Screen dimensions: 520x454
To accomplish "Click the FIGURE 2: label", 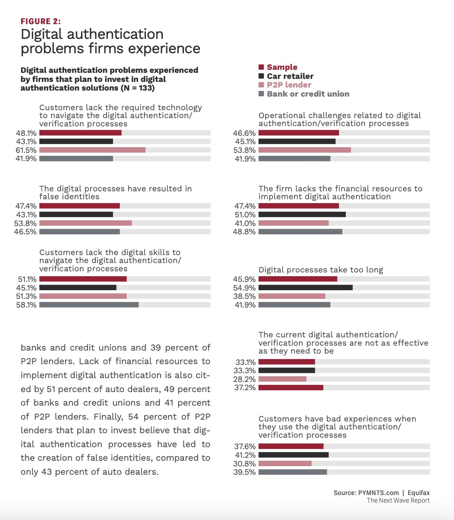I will (x=41, y=22).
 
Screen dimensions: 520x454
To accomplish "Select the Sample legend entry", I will (x=282, y=67).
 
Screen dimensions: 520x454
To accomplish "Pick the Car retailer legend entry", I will (x=290, y=76).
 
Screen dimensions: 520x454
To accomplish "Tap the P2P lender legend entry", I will (x=289, y=85).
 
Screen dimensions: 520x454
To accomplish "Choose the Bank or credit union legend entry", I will (x=308, y=94).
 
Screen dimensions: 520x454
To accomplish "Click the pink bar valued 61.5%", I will (x=92, y=150).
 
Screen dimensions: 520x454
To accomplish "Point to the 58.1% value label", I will (x=26, y=305).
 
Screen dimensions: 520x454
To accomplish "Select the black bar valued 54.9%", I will (x=305, y=288).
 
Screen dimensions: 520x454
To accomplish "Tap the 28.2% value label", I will (x=244, y=379).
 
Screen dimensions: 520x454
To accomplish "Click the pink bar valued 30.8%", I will (x=285, y=463).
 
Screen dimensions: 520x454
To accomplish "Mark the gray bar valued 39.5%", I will (x=293, y=472).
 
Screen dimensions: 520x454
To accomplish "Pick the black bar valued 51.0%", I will (x=302, y=215).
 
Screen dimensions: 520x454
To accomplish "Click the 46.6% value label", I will (x=244, y=133).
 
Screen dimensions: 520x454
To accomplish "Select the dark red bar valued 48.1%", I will (x=80, y=133).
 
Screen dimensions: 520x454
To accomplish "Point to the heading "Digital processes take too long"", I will (x=321, y=270).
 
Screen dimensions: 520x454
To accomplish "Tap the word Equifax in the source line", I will (x=419, y=493).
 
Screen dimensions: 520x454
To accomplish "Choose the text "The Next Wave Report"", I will (x=398, y=500).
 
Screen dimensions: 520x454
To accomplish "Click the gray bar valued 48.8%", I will (x=300, y=232).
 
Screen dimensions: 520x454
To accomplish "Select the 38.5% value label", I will (x=244, y=296).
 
